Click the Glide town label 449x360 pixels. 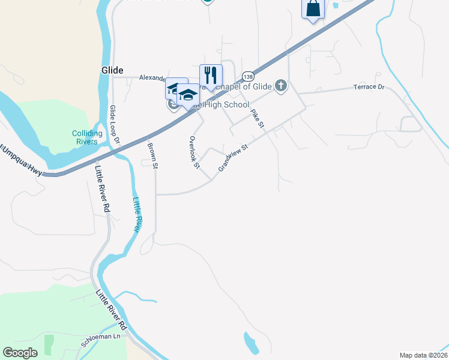[112, 70]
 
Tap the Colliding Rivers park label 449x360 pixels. [85, 137]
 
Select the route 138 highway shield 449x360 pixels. [248, 76]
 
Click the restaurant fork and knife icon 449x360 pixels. [211, 75]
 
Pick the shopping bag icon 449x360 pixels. [313, 8]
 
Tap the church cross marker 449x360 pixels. [281, 86]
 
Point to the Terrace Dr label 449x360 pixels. [369, 88]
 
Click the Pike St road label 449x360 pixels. [258, 118]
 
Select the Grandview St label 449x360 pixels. [234, 157]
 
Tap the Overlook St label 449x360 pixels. [194, 152]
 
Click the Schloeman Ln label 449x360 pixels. [101, 340]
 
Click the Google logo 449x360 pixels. [20, 352]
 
